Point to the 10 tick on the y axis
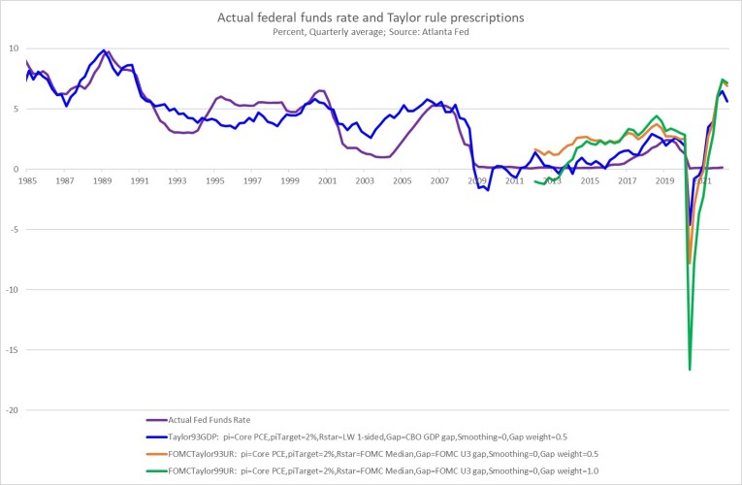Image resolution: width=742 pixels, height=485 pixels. click(13, 48)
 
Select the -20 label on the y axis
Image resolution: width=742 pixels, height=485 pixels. click(11, 410)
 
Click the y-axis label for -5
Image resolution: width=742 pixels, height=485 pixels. click(14, 230)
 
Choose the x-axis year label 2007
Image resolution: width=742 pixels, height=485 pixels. click(439, 180)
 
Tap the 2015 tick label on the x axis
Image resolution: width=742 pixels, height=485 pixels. click(590, 180)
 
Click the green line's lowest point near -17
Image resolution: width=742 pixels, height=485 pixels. click(690, 369)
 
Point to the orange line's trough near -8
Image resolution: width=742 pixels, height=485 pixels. click(689, 263)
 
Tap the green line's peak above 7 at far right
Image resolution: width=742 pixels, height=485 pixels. click(723, 80)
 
